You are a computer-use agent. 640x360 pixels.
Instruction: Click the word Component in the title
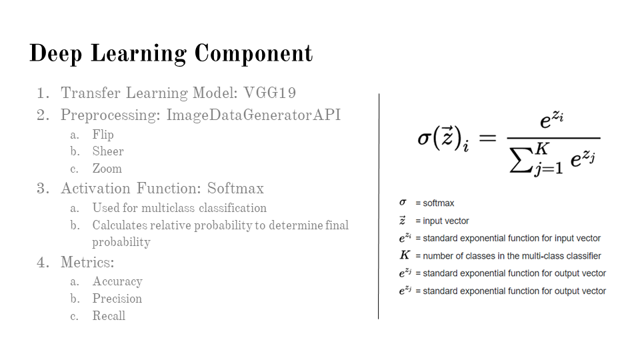pyautogui.click(x=253, y=53)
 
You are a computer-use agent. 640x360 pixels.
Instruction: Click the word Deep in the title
pyautogui.click(x=56, y=54)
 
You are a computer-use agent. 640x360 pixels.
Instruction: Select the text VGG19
pyautogui.click(x=270, y=93)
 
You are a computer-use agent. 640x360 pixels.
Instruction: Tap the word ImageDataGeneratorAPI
pyautogui.click(x=253, y=115)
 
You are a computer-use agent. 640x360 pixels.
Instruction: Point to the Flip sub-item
pyautogui.click(x=103, y=135)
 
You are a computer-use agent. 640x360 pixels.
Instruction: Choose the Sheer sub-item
pyautogui.click(x=108, y=151)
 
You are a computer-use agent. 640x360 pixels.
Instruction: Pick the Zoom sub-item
pyautogui.click(x=107, y=168)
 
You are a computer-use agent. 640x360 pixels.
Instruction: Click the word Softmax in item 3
pyautogui.click(x=235, y=188)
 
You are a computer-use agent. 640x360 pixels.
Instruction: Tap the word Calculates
pyautogui.click(x=120, y=225)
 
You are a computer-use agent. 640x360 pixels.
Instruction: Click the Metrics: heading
pyautogui.click(x=87, y=262)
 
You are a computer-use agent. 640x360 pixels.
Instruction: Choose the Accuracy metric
pyautogui.click(x=117, y=281)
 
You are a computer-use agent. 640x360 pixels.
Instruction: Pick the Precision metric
pyautogui.click(x=117, y=299)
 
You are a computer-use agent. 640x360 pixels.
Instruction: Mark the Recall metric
pyautogui.click(x=109, y=315)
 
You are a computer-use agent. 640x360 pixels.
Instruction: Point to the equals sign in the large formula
pyautogui.click(x=487, y=138)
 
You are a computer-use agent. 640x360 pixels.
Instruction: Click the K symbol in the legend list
pyautogui.click(x=405, y=255)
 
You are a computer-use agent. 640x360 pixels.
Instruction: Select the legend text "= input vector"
pyautogui.click(x=442, y=221)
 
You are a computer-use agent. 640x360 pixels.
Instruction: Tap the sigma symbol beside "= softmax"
pyautogui.click(x=403, y=202)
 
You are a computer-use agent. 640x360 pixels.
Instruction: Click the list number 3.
pyautogui.click(x=41, y=189)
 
